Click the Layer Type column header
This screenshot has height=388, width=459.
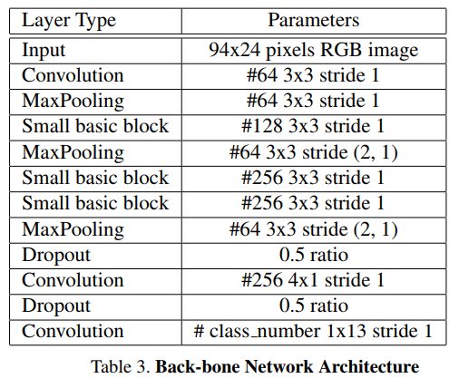click(69, 21)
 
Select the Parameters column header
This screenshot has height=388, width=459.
click(314, 20)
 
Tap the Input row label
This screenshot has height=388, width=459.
click(44, 51)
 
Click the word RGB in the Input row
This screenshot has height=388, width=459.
click(341, 49)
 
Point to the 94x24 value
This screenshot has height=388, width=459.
click(235, 49)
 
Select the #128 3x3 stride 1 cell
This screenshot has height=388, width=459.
click(313, 126)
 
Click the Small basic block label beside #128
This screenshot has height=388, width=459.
click(95, 126)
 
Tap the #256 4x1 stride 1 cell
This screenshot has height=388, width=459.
click(313, 280)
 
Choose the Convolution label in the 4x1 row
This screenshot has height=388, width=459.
click(73, 280)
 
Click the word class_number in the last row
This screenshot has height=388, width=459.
click(265, 331)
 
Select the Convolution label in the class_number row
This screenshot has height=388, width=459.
click(73, 331)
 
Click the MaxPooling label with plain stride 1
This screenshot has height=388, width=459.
click(73, 101)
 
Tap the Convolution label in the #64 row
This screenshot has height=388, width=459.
click(73, 75)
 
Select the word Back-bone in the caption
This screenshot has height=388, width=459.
click(198, 366)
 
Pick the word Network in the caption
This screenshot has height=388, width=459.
click(278, 366)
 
